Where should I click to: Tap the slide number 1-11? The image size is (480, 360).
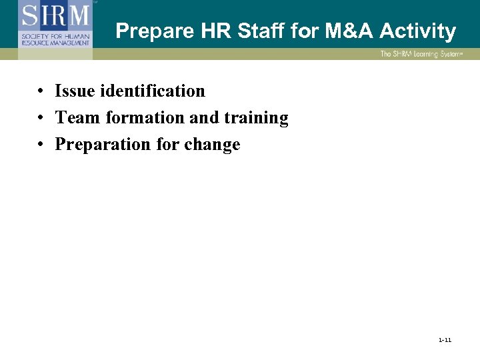(x=445, y=340)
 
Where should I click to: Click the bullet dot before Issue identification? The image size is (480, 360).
(x=41, y=91)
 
